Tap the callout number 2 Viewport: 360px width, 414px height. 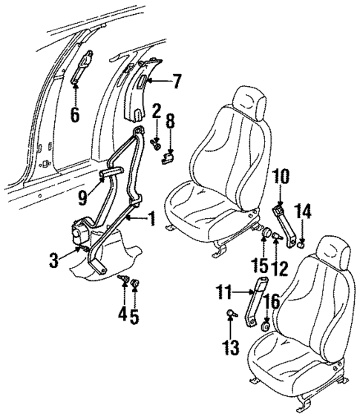[x=157, y=113]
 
